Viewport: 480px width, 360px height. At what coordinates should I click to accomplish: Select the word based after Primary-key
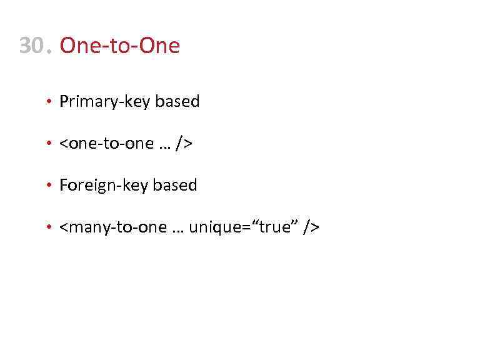click(177, 102)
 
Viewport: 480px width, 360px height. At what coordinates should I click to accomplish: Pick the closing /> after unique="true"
click(311, 228)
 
